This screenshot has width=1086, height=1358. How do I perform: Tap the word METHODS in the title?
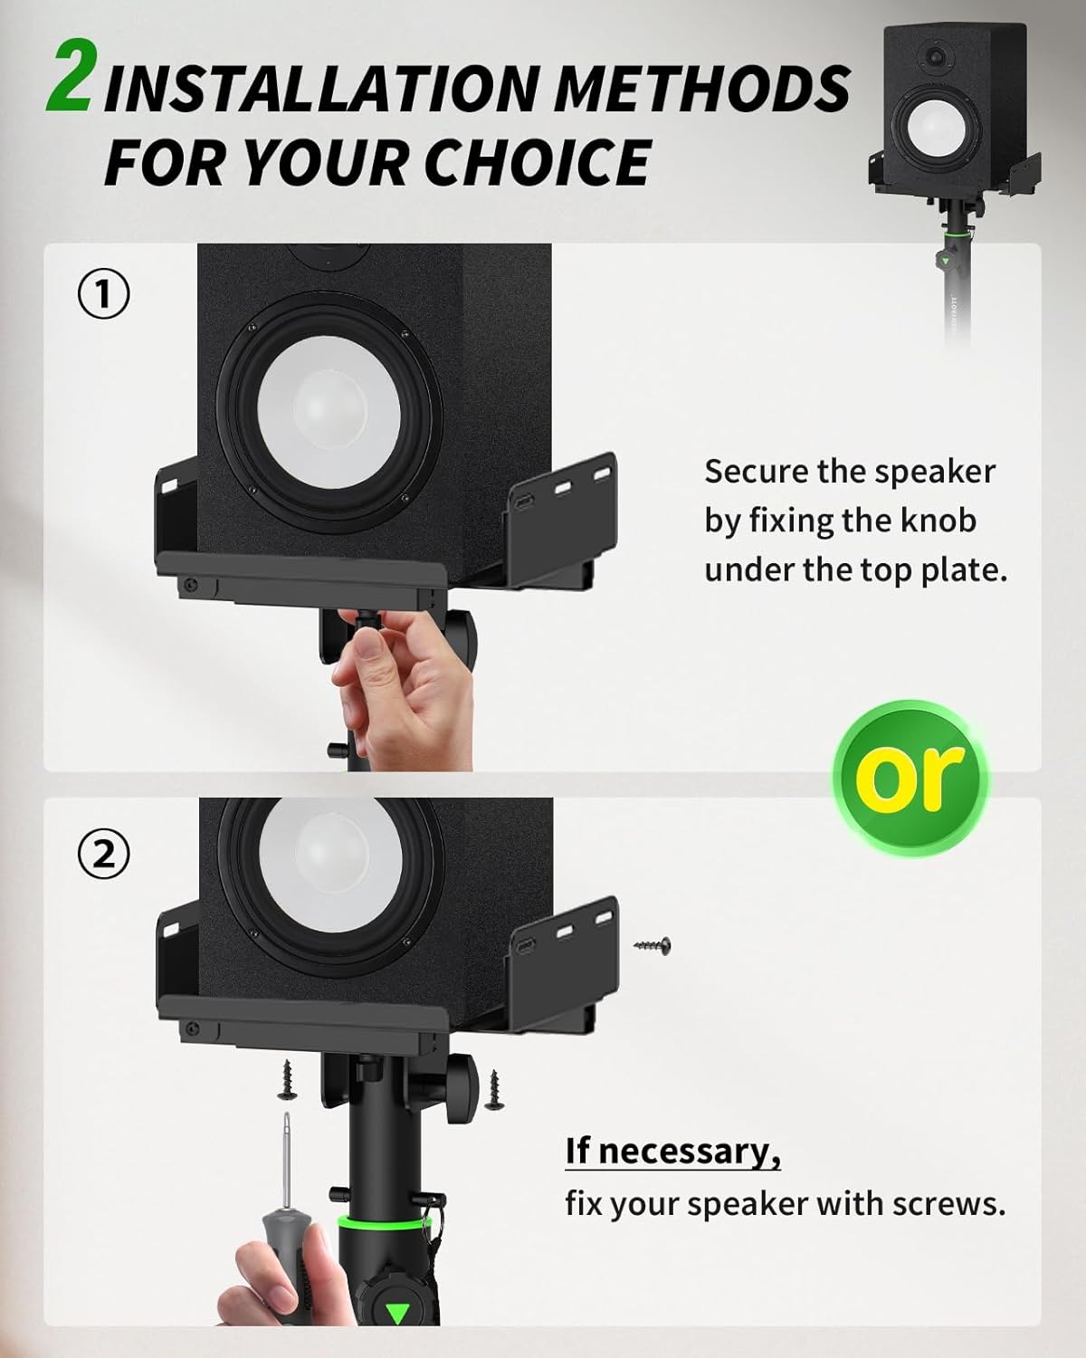pos(701,89)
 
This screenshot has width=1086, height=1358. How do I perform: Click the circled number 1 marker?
pos(105,295)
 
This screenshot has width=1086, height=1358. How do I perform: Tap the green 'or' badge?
pos(911,774)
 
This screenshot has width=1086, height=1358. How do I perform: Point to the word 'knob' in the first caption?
pos(935,521)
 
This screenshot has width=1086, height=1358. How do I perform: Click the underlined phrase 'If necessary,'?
pos(672,1151)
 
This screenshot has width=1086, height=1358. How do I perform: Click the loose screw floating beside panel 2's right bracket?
pos(654,946)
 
